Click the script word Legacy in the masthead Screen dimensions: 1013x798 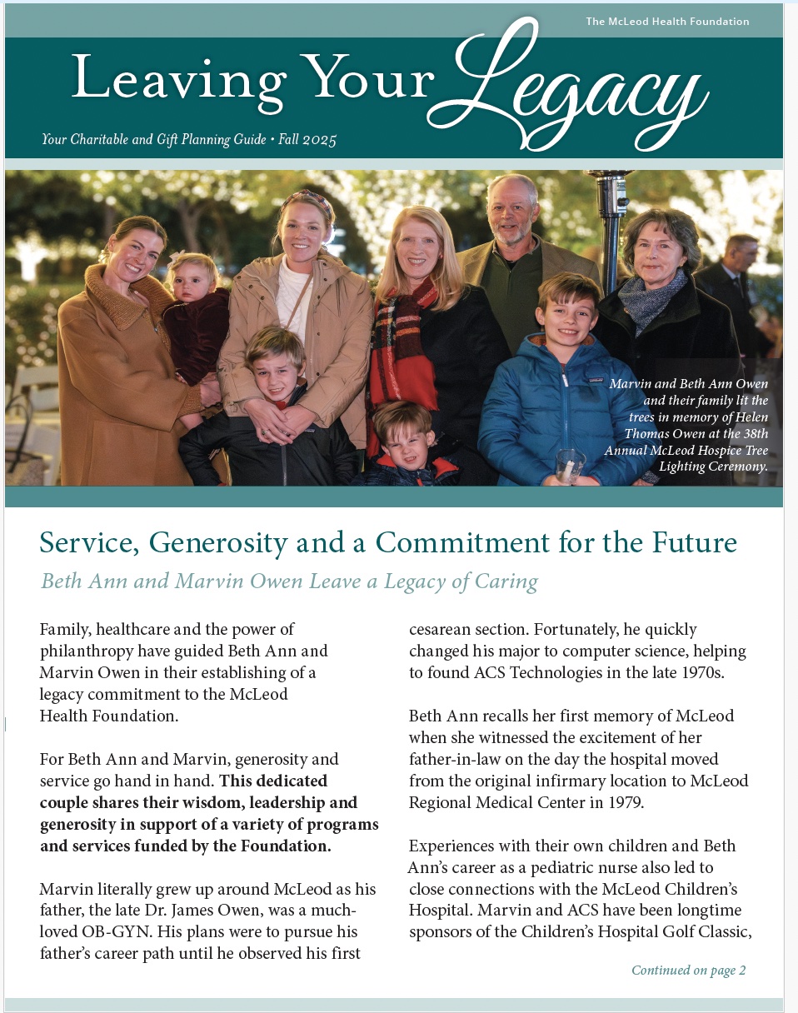(583, 92)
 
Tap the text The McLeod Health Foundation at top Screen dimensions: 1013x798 (667, 22)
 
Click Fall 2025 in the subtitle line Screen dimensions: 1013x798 (308, 139)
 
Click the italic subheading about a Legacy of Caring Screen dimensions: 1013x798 (289, 581)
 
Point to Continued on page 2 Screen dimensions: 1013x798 (688, 970)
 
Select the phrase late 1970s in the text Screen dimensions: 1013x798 (686, 672)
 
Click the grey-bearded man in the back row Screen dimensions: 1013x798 (512, 217)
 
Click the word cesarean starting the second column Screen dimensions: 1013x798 (441, 629)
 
